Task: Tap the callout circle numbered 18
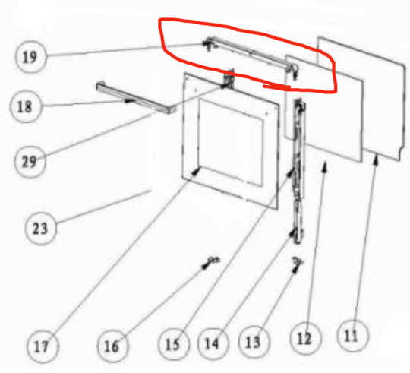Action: pyautogui.click(x=26, y=107)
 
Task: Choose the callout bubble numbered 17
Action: pyautogui.click(x=43, y=347)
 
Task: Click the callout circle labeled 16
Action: pyautogui.click(x=111, y=347)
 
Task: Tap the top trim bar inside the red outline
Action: pyautogui.click(x=243, y=58)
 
